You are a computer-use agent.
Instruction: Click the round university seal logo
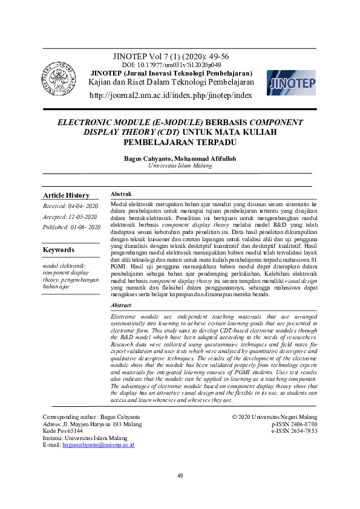(60, 79)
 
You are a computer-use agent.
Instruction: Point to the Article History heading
(66, 195)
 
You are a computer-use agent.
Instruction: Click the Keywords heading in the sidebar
(59, 250)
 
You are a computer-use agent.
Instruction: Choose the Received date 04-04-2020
(70, 206)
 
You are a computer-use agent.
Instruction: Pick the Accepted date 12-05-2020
(70, 216)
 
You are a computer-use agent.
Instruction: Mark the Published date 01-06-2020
(71, 227)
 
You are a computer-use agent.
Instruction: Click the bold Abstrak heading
(122, 194)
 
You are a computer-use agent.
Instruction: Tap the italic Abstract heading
(123, 306)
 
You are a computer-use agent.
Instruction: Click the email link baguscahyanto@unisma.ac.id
(98, 445)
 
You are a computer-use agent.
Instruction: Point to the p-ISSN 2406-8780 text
(295, 424)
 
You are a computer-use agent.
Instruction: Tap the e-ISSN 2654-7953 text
(295, 431)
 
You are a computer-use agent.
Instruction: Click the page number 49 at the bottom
(180, 476)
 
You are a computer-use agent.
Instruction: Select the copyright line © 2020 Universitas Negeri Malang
(274, 417)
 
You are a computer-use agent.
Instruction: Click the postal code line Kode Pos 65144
(63, 431)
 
